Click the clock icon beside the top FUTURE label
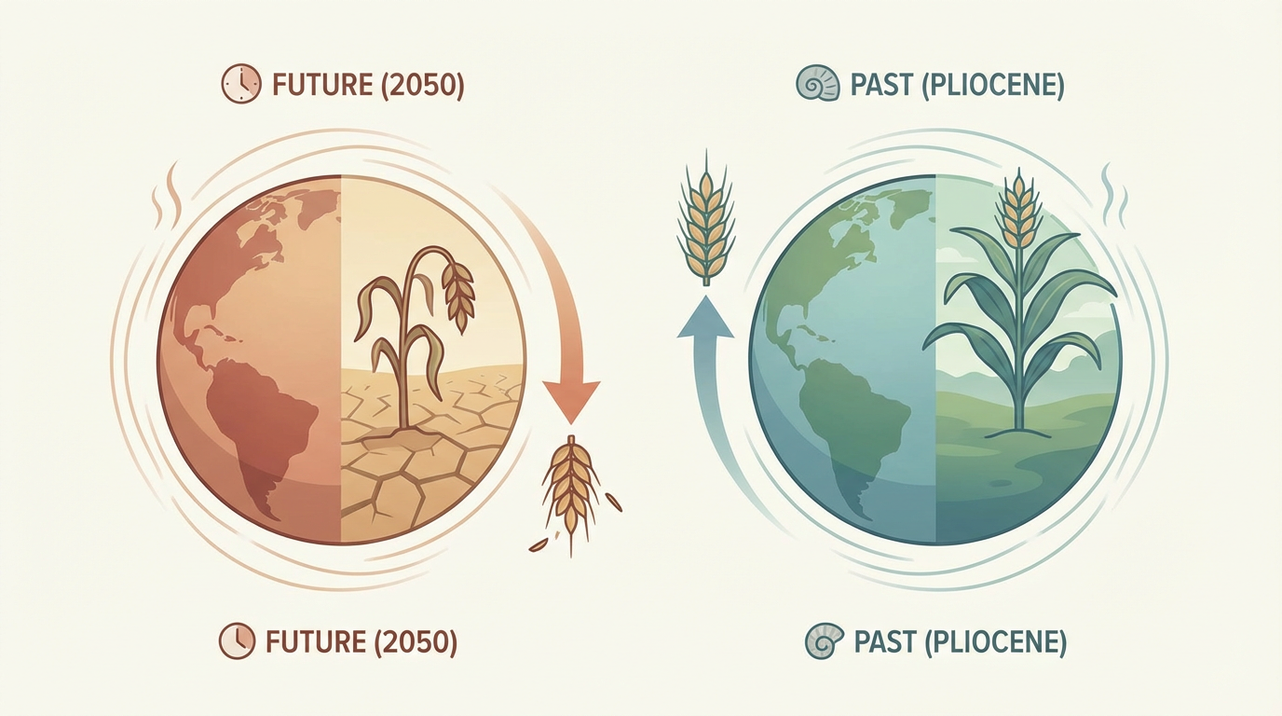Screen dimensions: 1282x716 [241, 84]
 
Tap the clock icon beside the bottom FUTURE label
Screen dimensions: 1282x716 [237, 641]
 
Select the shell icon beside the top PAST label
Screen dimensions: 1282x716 [818, 85]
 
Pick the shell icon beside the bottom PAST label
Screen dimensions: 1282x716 [825, 641]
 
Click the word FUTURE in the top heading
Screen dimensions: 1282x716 [322, 85]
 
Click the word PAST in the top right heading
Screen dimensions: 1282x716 [881, 85]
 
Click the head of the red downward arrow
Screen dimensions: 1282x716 [570, 402]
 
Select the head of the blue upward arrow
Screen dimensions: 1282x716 [705, 317]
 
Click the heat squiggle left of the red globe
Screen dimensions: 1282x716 [167, 195]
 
